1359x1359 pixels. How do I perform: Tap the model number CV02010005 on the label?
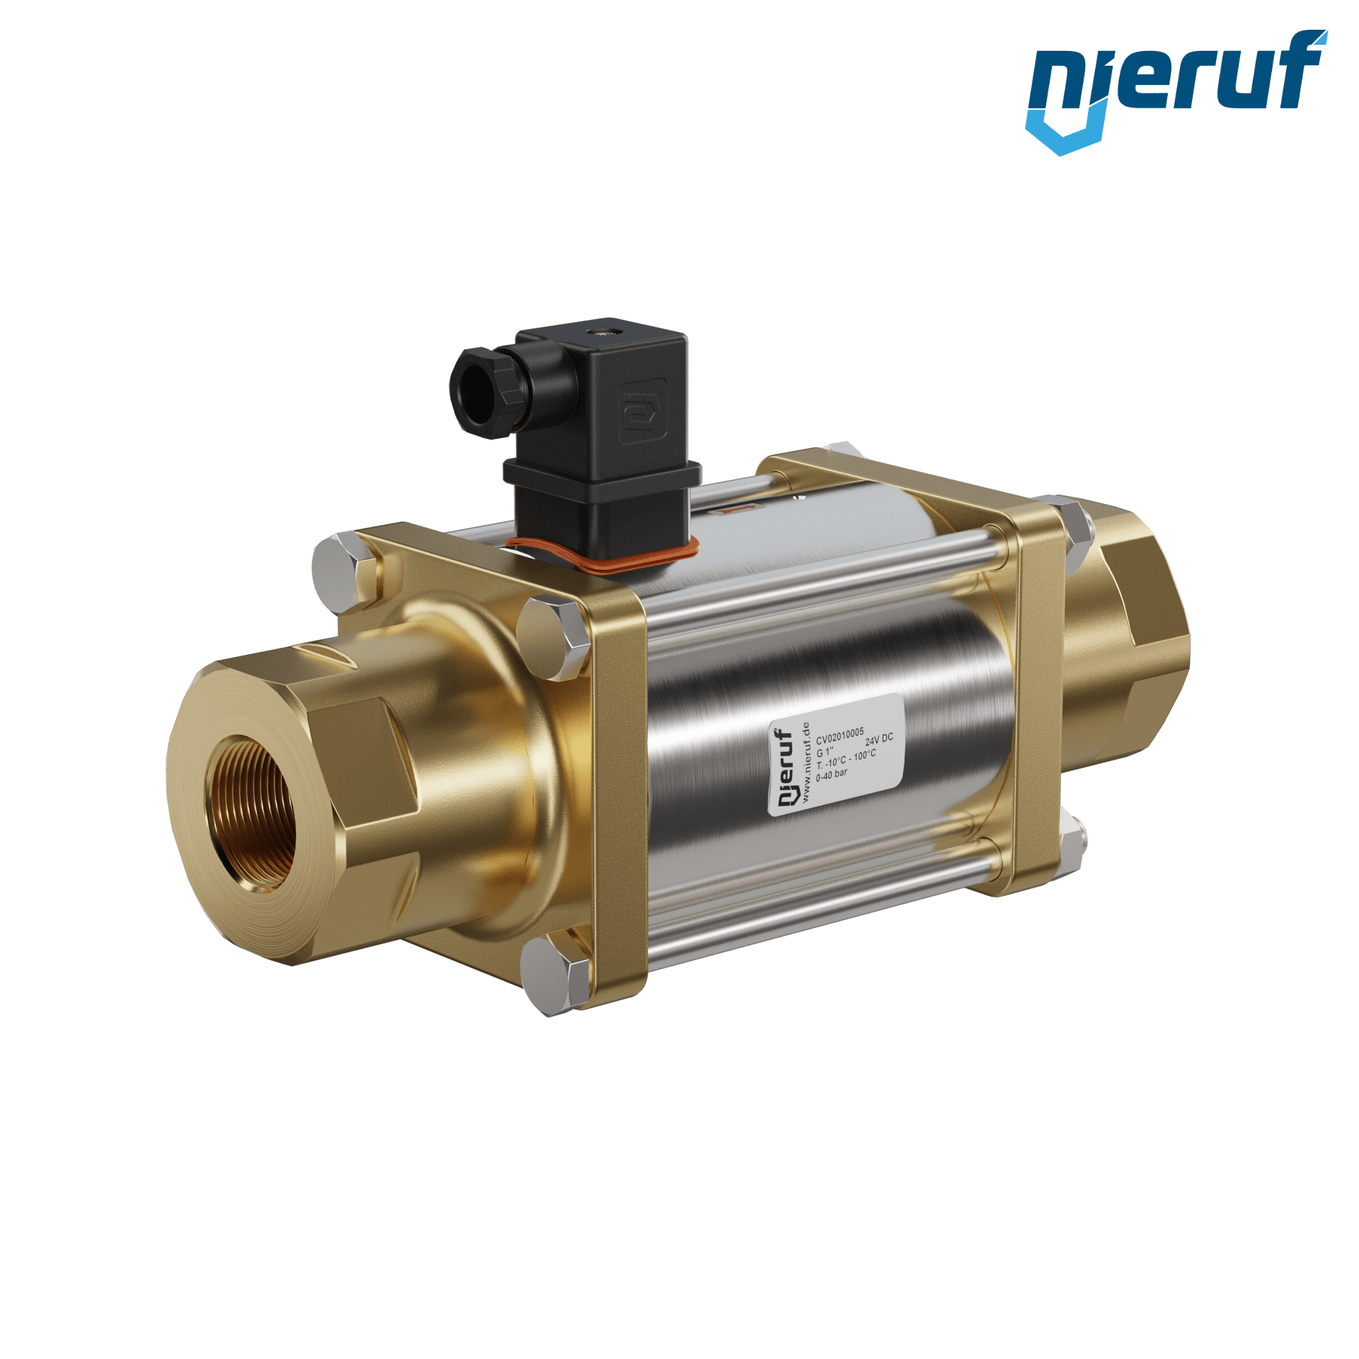tap(839, 736)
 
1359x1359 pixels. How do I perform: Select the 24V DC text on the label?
tap(879, 740)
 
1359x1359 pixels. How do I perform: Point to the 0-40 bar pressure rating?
tap(832, 775)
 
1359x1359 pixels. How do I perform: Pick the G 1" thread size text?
tap(825, 752)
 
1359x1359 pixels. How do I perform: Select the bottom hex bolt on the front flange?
tap(555, 969)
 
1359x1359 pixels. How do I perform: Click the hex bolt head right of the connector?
tap(553, 637)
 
